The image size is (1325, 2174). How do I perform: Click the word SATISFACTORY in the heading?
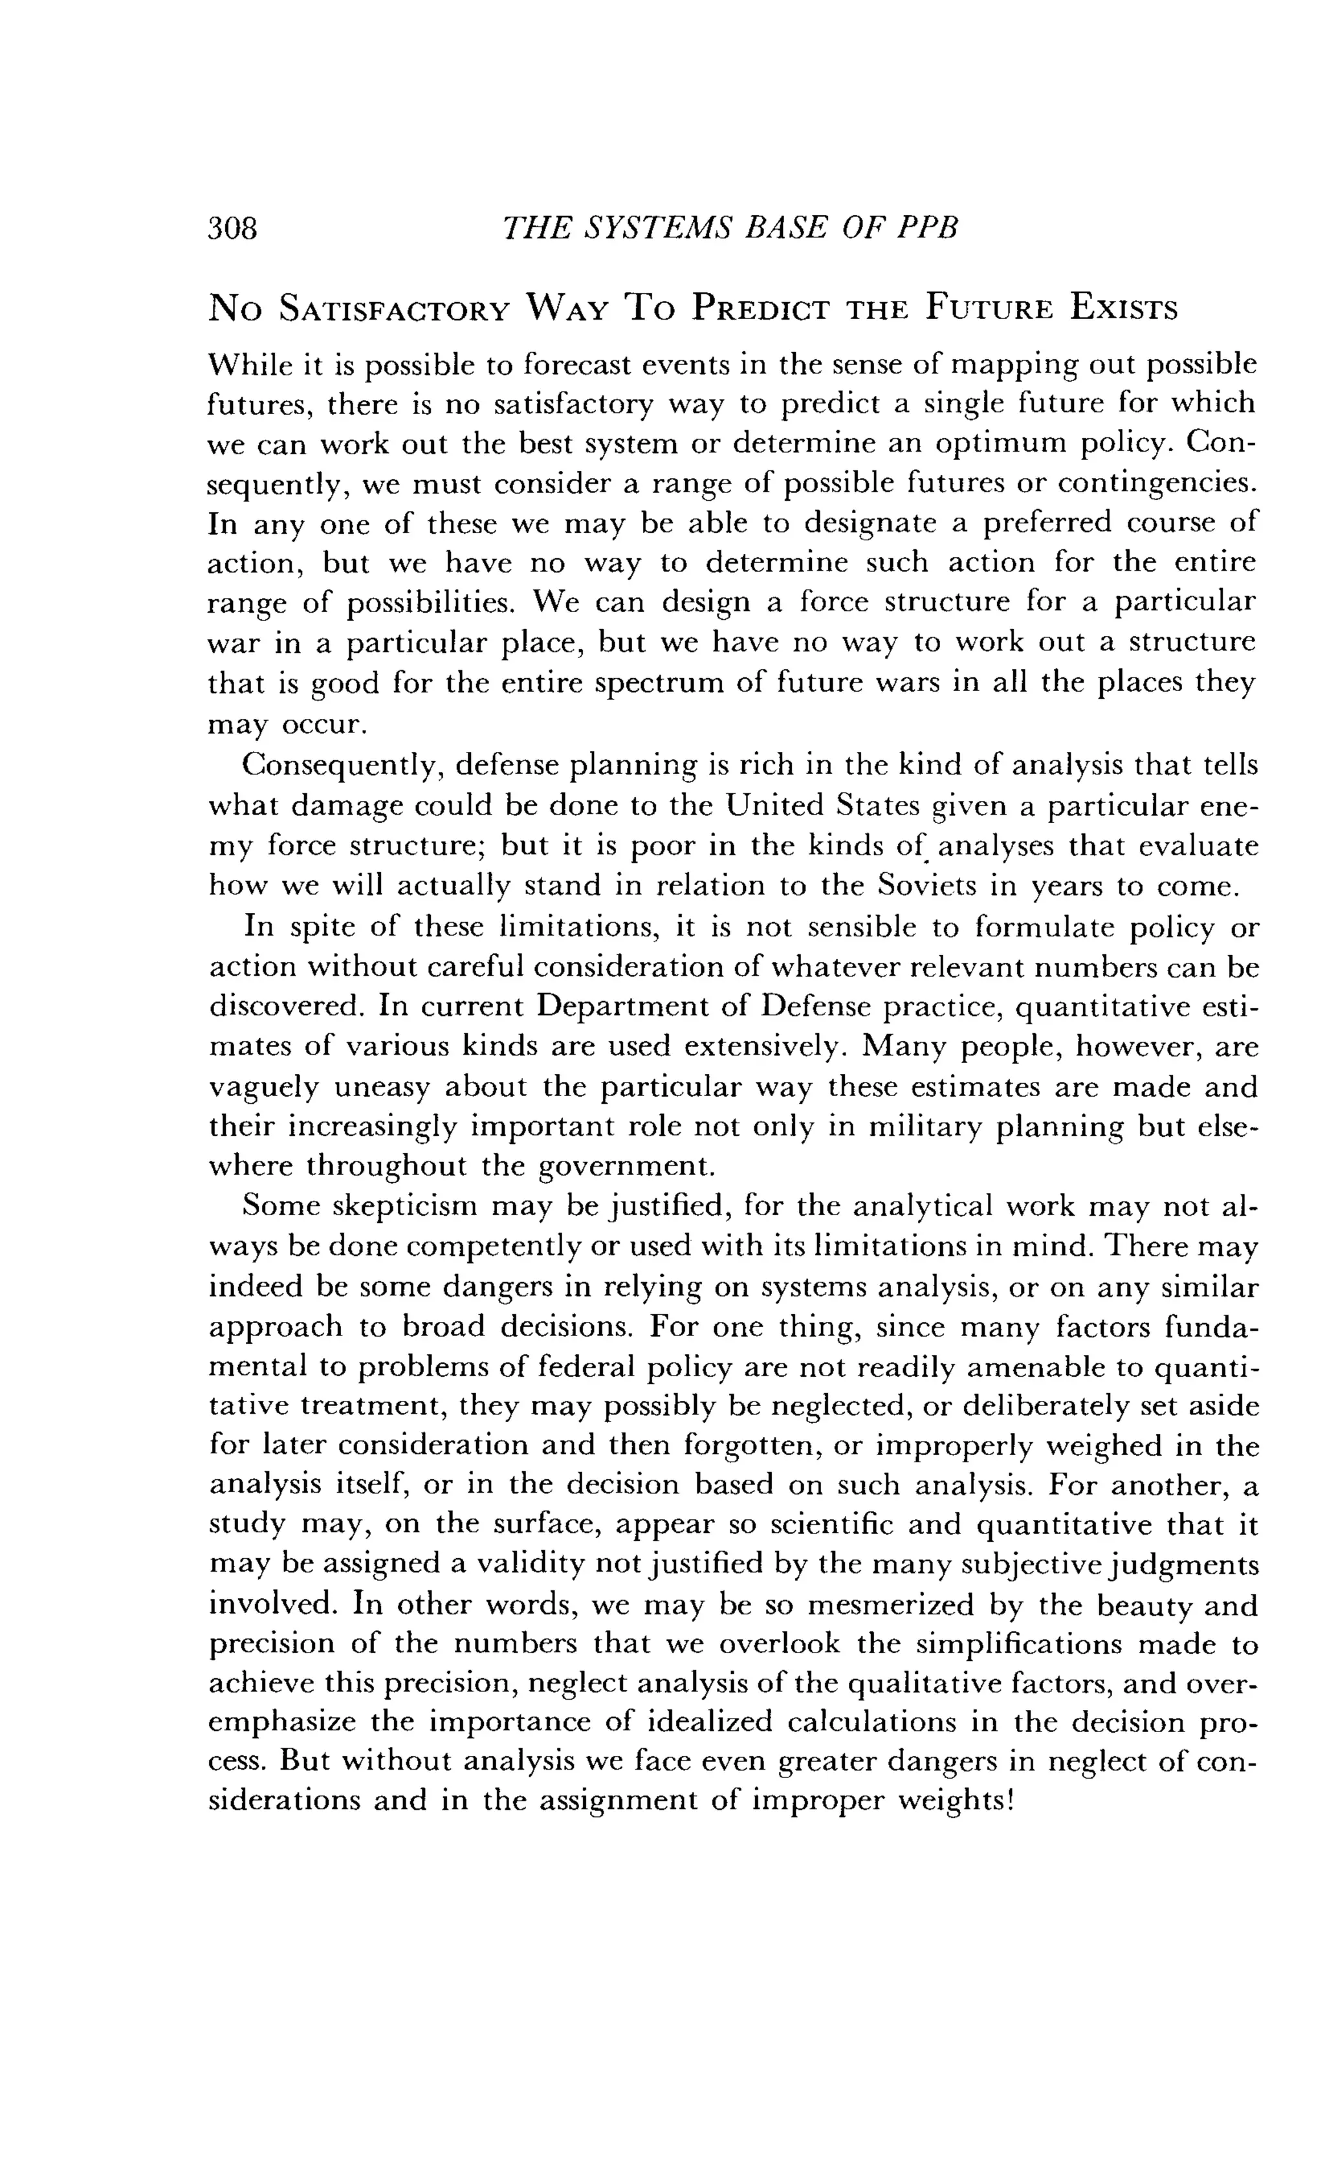click(394, 310)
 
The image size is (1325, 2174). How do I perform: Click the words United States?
click(823, 806)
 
